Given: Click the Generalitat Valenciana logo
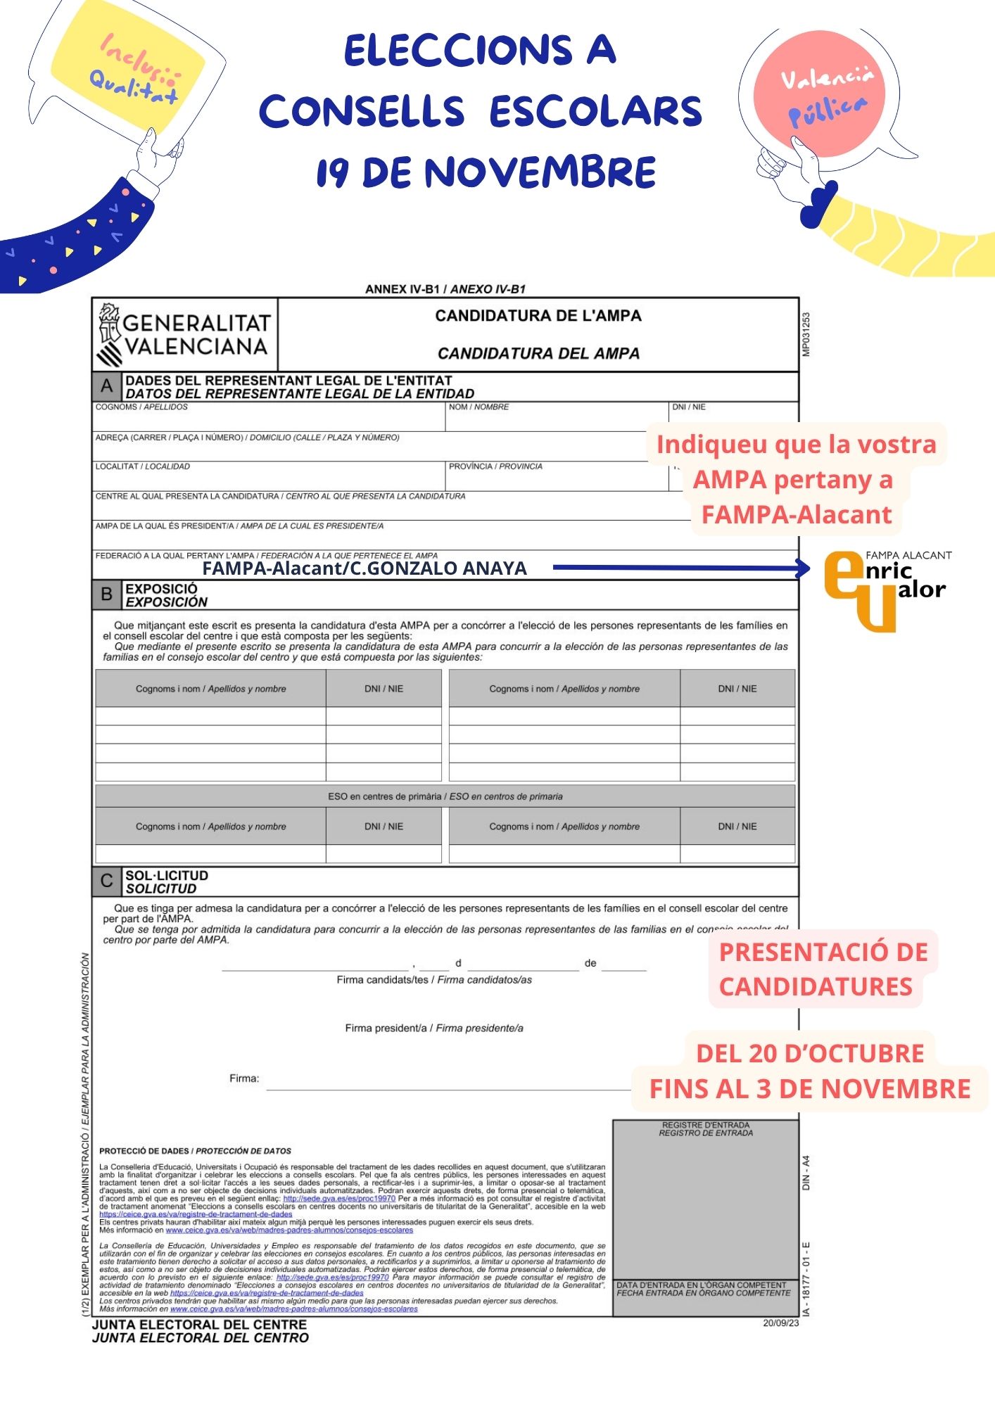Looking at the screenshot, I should (x=184, y=334).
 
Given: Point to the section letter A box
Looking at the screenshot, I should (x=107, y=386).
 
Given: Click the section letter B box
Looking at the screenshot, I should (x=107, y=594).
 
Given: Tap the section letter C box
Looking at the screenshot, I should (x=107, y=881).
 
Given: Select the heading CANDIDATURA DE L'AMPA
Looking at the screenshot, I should (x=538, y=316).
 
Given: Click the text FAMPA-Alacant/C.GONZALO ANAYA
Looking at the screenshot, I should (x=365, y=568).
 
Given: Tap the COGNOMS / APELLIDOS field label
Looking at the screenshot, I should (x=141, y=407).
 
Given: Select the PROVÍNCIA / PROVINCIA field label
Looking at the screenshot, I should (x=495, y=466).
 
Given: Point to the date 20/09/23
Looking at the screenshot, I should (x=780, y=1323).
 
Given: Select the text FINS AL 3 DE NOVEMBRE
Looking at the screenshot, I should (x=810, y=1089).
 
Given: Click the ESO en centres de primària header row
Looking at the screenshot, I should (x=445, y=796).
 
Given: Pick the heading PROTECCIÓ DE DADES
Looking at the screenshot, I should (x=195, y=1151).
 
